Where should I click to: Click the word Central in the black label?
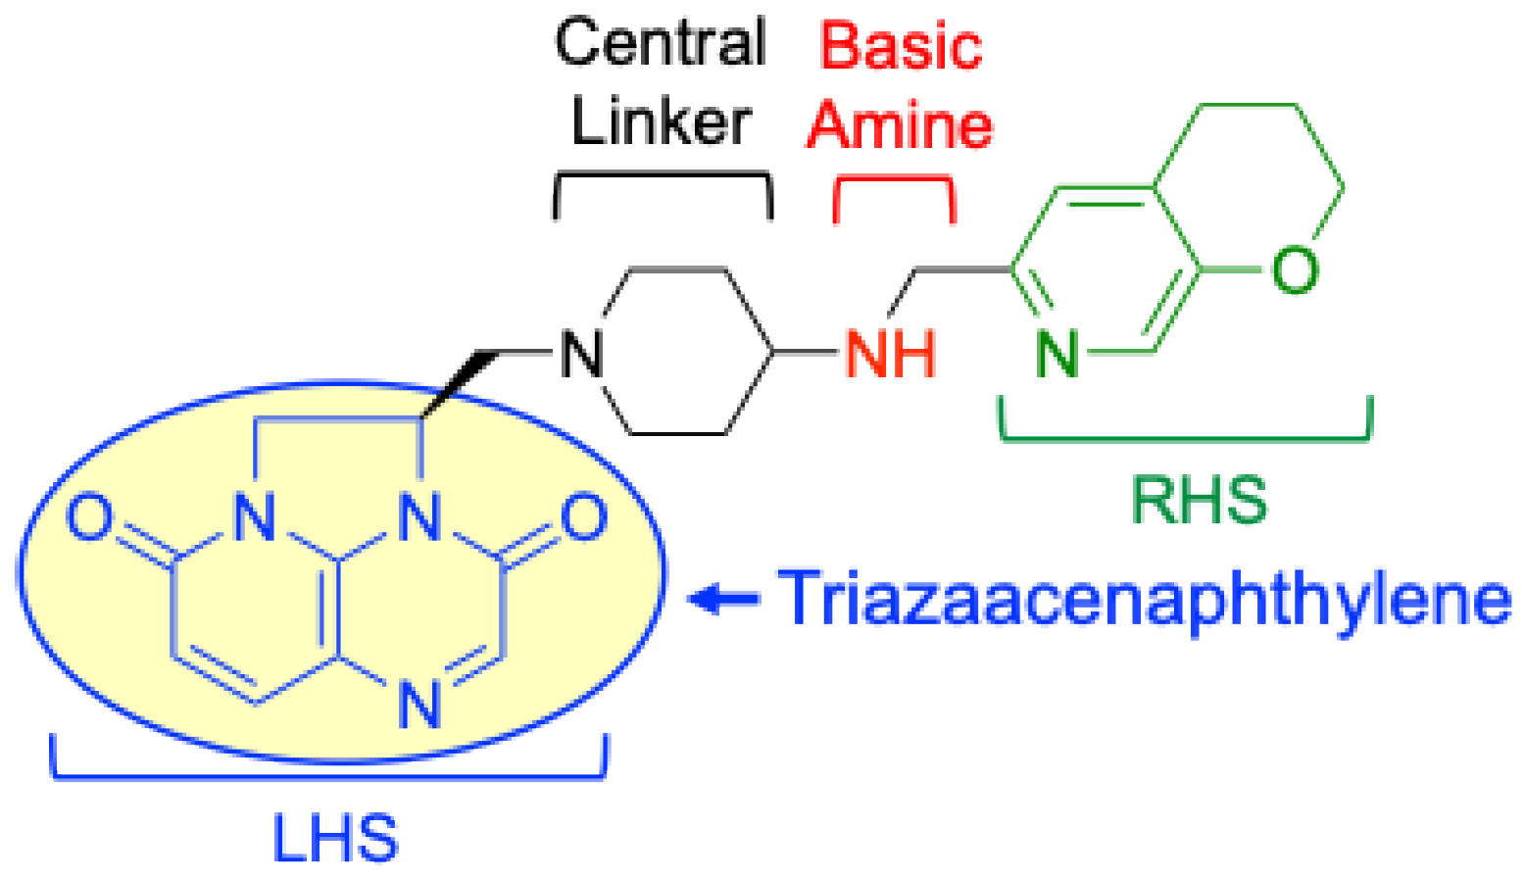click(x=661, y=44)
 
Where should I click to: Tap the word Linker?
click(x=661, y=122)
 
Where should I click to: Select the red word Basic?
click(x=901, y=46)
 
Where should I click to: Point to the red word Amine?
click(x=900, y=126)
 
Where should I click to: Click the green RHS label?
click(x=1198, y=500)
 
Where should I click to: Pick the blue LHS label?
click(x=335, y=838)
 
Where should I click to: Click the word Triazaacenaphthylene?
click(x=1145, y=598)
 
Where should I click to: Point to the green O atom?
click(x=1294, y=268)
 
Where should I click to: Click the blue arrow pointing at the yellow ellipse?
click(x=723, y=598)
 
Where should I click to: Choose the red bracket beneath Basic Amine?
click(x=893, y=181)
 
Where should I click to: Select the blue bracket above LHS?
click(x=328, y=776)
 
